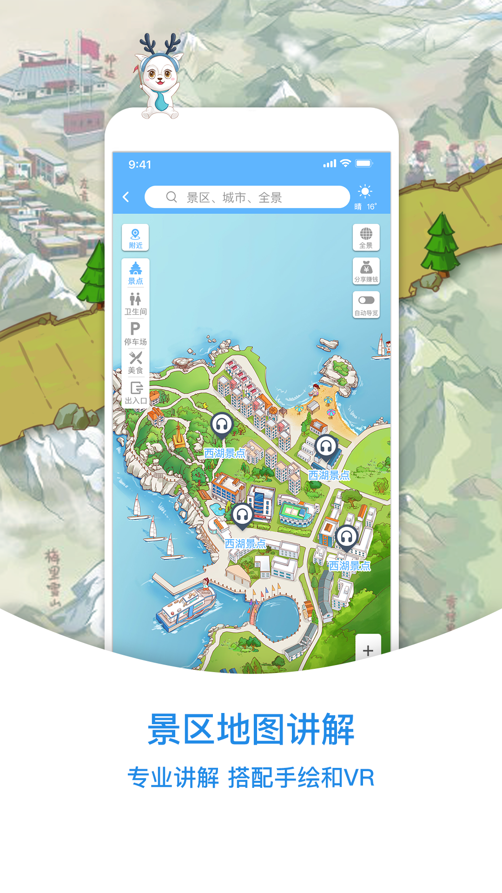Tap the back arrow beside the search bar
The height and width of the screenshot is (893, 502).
tap(126, 197)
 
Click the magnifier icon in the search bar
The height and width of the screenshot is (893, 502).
tap(172, 197)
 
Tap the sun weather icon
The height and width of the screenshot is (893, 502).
tap(365, 192)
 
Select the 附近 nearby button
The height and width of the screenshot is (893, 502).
tap(135, 238)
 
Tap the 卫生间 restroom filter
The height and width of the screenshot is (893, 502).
tap(135, 304)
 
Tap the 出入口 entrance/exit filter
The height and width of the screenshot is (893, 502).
tap(136, 393)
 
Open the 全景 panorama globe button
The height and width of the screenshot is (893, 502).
tap(366, 237)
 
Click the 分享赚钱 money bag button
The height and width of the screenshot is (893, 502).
tap(366, 271)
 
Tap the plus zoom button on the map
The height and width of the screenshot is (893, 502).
tap(368, 650)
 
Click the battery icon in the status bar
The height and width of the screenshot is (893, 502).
tap(363, 163)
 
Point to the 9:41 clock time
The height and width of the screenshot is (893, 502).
tap(139, 165)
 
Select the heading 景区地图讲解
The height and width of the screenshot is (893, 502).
tap(251, 729)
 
